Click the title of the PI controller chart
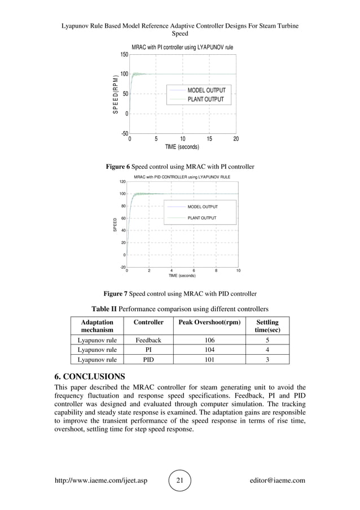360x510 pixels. [x=182, y=47]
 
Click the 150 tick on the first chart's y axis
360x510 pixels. [x=124, y=55]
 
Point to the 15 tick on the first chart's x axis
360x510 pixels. [x=209, y=138]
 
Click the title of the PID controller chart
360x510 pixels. [x=182, y=177]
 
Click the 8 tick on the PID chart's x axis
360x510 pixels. [x=216, y=271]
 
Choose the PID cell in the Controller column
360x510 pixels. [x=148, y=359]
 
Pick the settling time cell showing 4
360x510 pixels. [x=267, y=350]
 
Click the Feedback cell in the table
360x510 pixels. [x=148, y=341]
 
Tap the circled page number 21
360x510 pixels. [x=180, y=481]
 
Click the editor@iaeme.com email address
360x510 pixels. [x=276, y=481]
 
